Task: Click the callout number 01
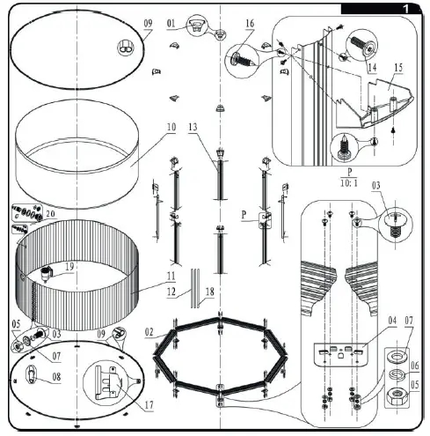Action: click(x=171, y=21)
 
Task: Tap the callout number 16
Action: click(x=250, y=23)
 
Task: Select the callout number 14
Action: click(x=373, y=65)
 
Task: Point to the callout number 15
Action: click(x=398, y=67)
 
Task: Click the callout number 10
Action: click(x=169, y=127)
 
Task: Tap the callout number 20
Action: click(x=49, y=213)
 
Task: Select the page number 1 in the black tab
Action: click(x=405, y=7)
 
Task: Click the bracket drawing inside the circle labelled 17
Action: click(x=110, y=381)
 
